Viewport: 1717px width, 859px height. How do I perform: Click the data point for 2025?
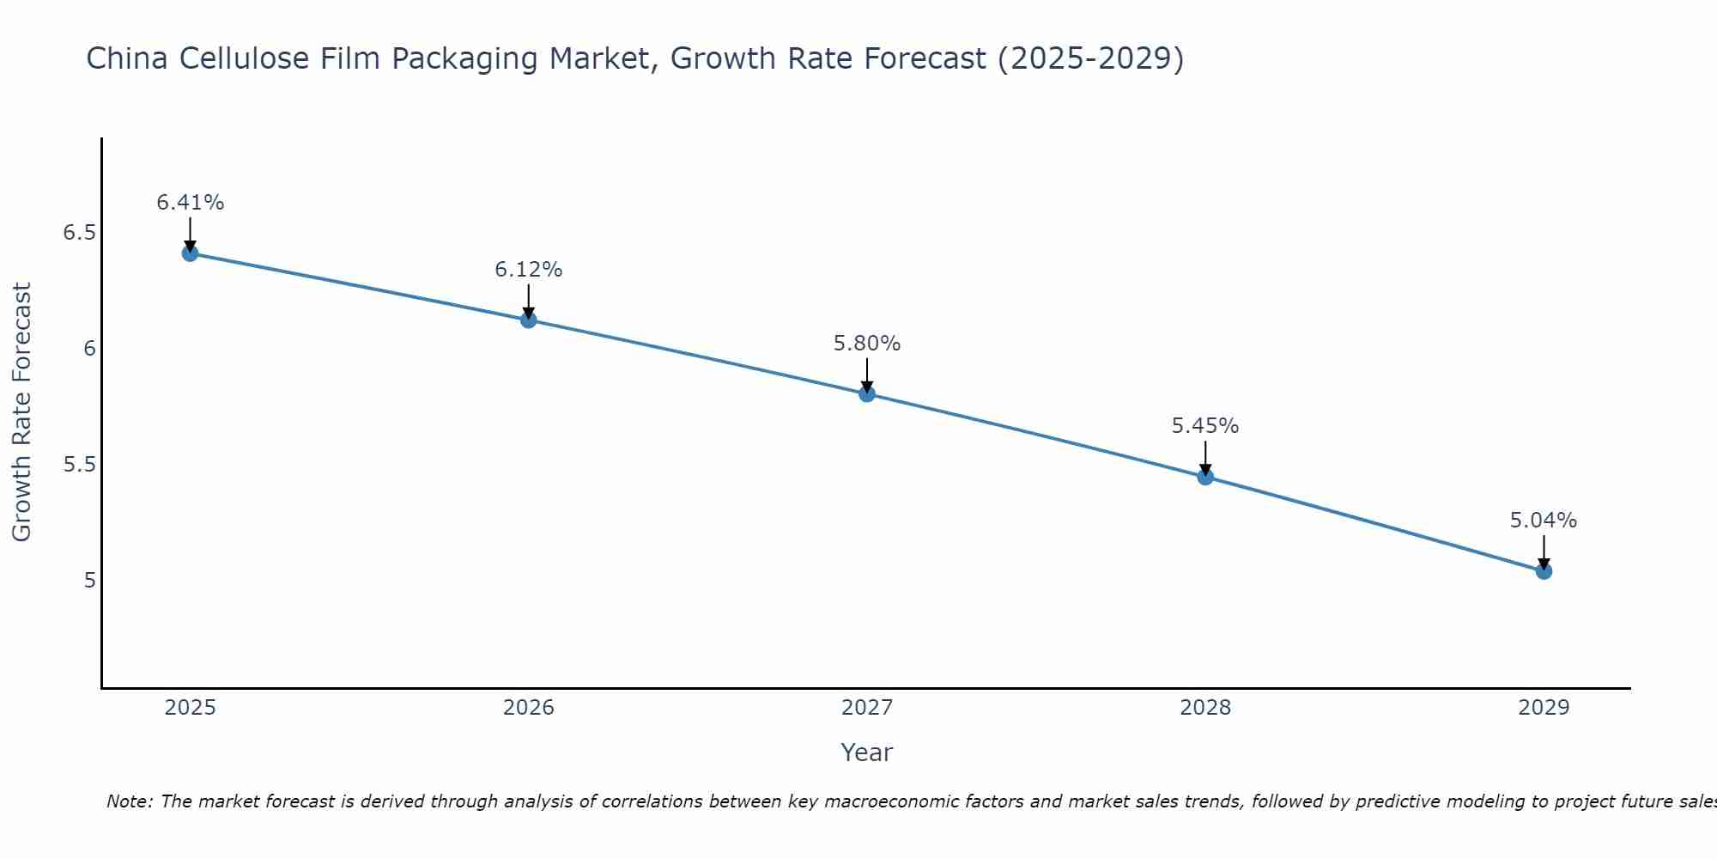point(190,253)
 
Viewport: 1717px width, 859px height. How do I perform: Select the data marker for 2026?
point(529,320)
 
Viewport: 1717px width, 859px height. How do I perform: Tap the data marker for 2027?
point(867,393)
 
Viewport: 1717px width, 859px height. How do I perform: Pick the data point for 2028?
point(1205,477)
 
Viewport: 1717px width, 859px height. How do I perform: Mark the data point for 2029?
point(1544,571)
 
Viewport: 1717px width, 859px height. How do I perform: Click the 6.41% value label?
point(190,203)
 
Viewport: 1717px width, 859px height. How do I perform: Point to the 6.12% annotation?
point(529,270)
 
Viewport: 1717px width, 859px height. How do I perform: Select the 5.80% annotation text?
point(867,344)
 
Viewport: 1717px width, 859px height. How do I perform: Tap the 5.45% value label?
point(1205,426)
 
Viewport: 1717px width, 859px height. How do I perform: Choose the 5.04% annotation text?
point(1544,521)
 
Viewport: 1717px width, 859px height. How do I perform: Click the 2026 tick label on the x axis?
point(529,708)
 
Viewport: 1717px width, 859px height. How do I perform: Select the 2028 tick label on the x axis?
point(1205,708)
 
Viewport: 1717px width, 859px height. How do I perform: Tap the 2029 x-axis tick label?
point(1544,708)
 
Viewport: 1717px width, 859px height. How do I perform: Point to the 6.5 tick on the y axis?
point(79,233)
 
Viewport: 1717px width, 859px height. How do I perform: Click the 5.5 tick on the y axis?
point(79,465)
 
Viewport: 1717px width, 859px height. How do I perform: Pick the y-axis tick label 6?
point(89,349)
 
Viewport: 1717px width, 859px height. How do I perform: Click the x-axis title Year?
point(867,752)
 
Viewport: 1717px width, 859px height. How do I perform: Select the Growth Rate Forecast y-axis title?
point(22,412)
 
